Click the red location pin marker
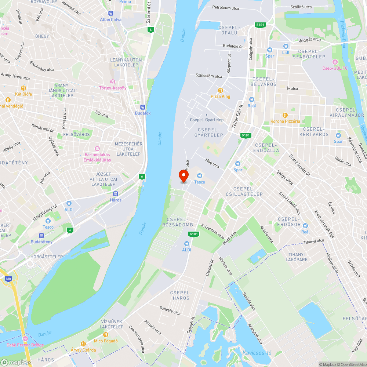[183, 176]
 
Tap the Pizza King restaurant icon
[221, 90]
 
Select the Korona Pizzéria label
[285, 121]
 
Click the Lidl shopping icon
[286, 46]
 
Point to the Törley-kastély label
[113, 88]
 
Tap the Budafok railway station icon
[143, 107]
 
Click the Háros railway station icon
[116, 193]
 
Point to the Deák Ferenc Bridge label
[25, 345]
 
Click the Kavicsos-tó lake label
[257, 353]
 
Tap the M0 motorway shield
[8, 279]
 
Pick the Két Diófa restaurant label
[23, 94]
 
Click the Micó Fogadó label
[106, 341]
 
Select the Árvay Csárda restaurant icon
[83, 344]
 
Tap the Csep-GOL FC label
[334, 68]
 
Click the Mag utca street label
[212, 163]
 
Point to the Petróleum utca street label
[225, 7]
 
